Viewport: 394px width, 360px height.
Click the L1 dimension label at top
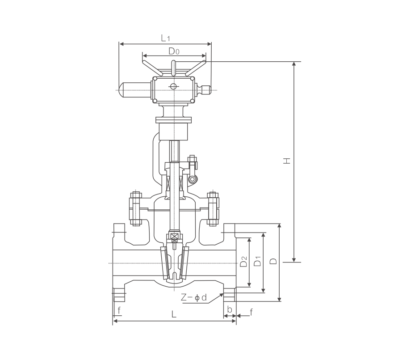[165, 38]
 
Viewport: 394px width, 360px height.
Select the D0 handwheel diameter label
[174, 51]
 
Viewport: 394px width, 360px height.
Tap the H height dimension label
[287, 161]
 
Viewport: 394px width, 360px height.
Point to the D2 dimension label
[243, 261]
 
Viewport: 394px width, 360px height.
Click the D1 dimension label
[258, 261]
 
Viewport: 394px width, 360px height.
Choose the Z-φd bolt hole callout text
[194, 297]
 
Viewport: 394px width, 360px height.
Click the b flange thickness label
[230, 309]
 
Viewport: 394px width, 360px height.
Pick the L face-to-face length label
[174, 314]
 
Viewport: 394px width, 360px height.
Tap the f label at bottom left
[119, 310]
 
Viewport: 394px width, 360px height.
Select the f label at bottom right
[251, 312]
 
